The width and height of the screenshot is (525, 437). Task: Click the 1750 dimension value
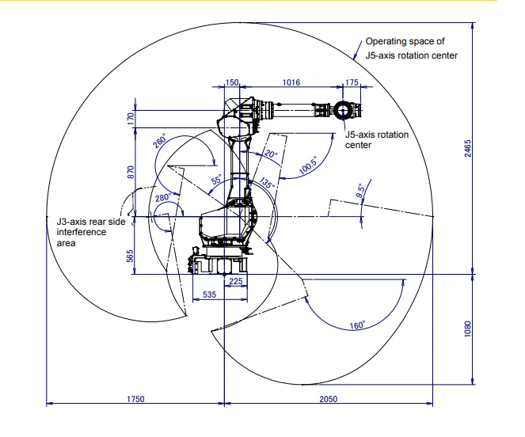[135, 399]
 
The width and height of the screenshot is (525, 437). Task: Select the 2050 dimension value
[328, 399]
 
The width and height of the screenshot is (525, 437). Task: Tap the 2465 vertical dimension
[467, 148]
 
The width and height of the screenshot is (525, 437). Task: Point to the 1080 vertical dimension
[467, 329]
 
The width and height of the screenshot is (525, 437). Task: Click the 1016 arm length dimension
[291, 82]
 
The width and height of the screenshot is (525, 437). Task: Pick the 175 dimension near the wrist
[352, 82]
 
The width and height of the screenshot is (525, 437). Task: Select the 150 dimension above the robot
[232, 82]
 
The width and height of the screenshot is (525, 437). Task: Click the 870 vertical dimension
[131, 172]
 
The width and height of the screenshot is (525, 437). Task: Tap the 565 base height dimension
[130, 256]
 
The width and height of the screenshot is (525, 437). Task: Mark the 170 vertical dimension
[131, 119]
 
